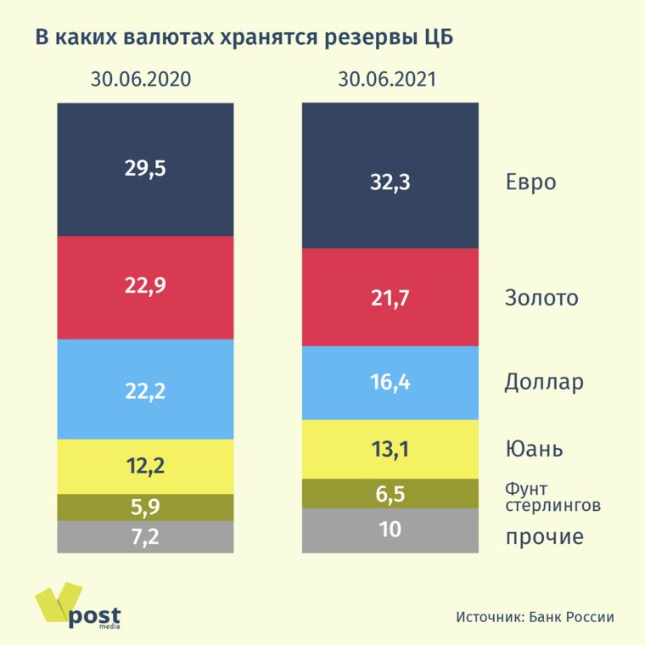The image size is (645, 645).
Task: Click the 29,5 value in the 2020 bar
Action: point(145,168)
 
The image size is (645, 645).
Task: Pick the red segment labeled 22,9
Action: point(145,286)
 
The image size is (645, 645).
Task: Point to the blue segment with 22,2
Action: point(145,390)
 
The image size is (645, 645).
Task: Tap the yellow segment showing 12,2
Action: point(145,466)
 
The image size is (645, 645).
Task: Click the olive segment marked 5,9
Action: point(145,508)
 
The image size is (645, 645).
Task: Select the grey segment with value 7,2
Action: point(145,536)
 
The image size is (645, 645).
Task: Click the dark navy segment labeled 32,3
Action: point(390,181)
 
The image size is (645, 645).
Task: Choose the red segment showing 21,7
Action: point(390,298)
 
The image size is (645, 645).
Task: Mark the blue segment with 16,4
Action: point(390,383)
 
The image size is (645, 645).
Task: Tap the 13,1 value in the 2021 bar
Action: point(390,449)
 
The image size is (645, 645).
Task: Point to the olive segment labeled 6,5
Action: point(390,493)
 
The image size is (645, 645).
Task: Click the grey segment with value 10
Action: point(390,530)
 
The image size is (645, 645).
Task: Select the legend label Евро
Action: point(530,182)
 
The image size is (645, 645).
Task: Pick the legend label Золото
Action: point(541,298)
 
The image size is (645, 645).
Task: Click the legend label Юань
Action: point(535,448)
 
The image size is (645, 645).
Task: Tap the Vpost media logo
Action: point(78,606)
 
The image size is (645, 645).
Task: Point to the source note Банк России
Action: point(534,617)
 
